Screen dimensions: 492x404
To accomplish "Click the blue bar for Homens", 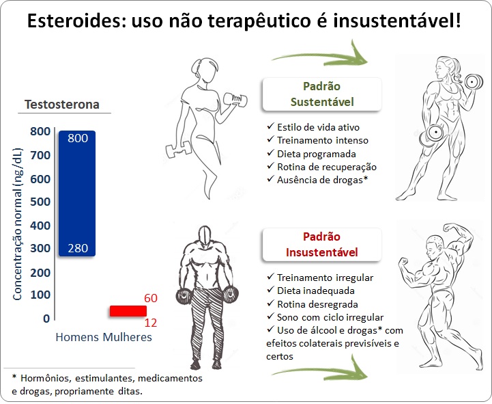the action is [77, 193].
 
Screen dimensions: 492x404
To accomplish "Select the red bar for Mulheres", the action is [128, 311].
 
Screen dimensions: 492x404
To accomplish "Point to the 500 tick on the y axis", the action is [40, 202].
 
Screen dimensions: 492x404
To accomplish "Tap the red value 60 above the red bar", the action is [151, 298].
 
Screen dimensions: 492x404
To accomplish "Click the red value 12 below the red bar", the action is [151, 323].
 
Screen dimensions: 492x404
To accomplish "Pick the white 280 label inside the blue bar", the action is [78, 248].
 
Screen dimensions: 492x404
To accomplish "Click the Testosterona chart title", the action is [62, 105].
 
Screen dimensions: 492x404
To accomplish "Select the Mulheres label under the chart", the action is [128, 337].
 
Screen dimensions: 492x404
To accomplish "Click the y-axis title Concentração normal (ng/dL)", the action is [18, 224].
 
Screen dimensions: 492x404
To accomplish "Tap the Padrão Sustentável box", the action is [322, 94].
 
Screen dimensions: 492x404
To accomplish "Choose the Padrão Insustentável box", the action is [322, 245].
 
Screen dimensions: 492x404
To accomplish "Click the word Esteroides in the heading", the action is [76, 21].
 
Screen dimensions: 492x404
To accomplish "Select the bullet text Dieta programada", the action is [317, 154].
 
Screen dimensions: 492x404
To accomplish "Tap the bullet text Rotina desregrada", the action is [317, 304].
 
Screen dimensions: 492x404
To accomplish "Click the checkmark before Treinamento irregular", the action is [270, 277].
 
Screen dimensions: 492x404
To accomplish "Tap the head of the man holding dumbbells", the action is [205, 235].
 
